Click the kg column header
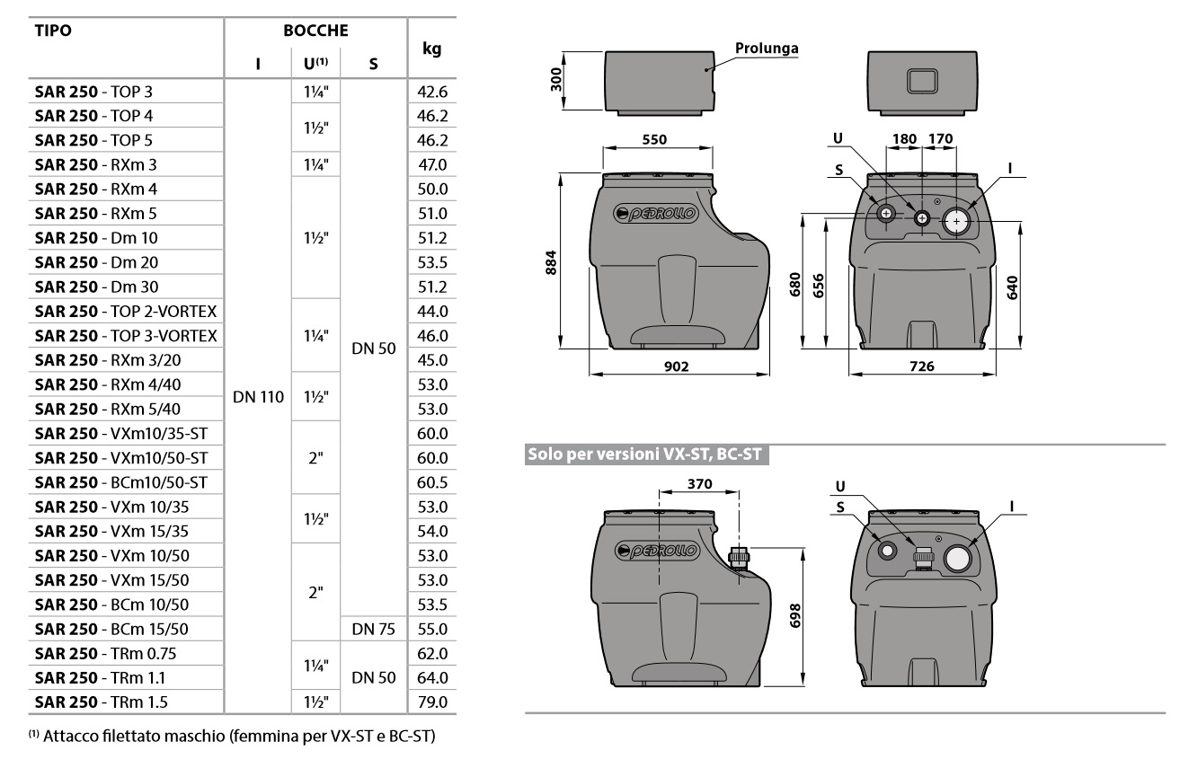(x=431, y=49)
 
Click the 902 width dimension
(x=679, y=366)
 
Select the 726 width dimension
(x=923, y=366)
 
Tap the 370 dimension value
(x=699, y=483)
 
